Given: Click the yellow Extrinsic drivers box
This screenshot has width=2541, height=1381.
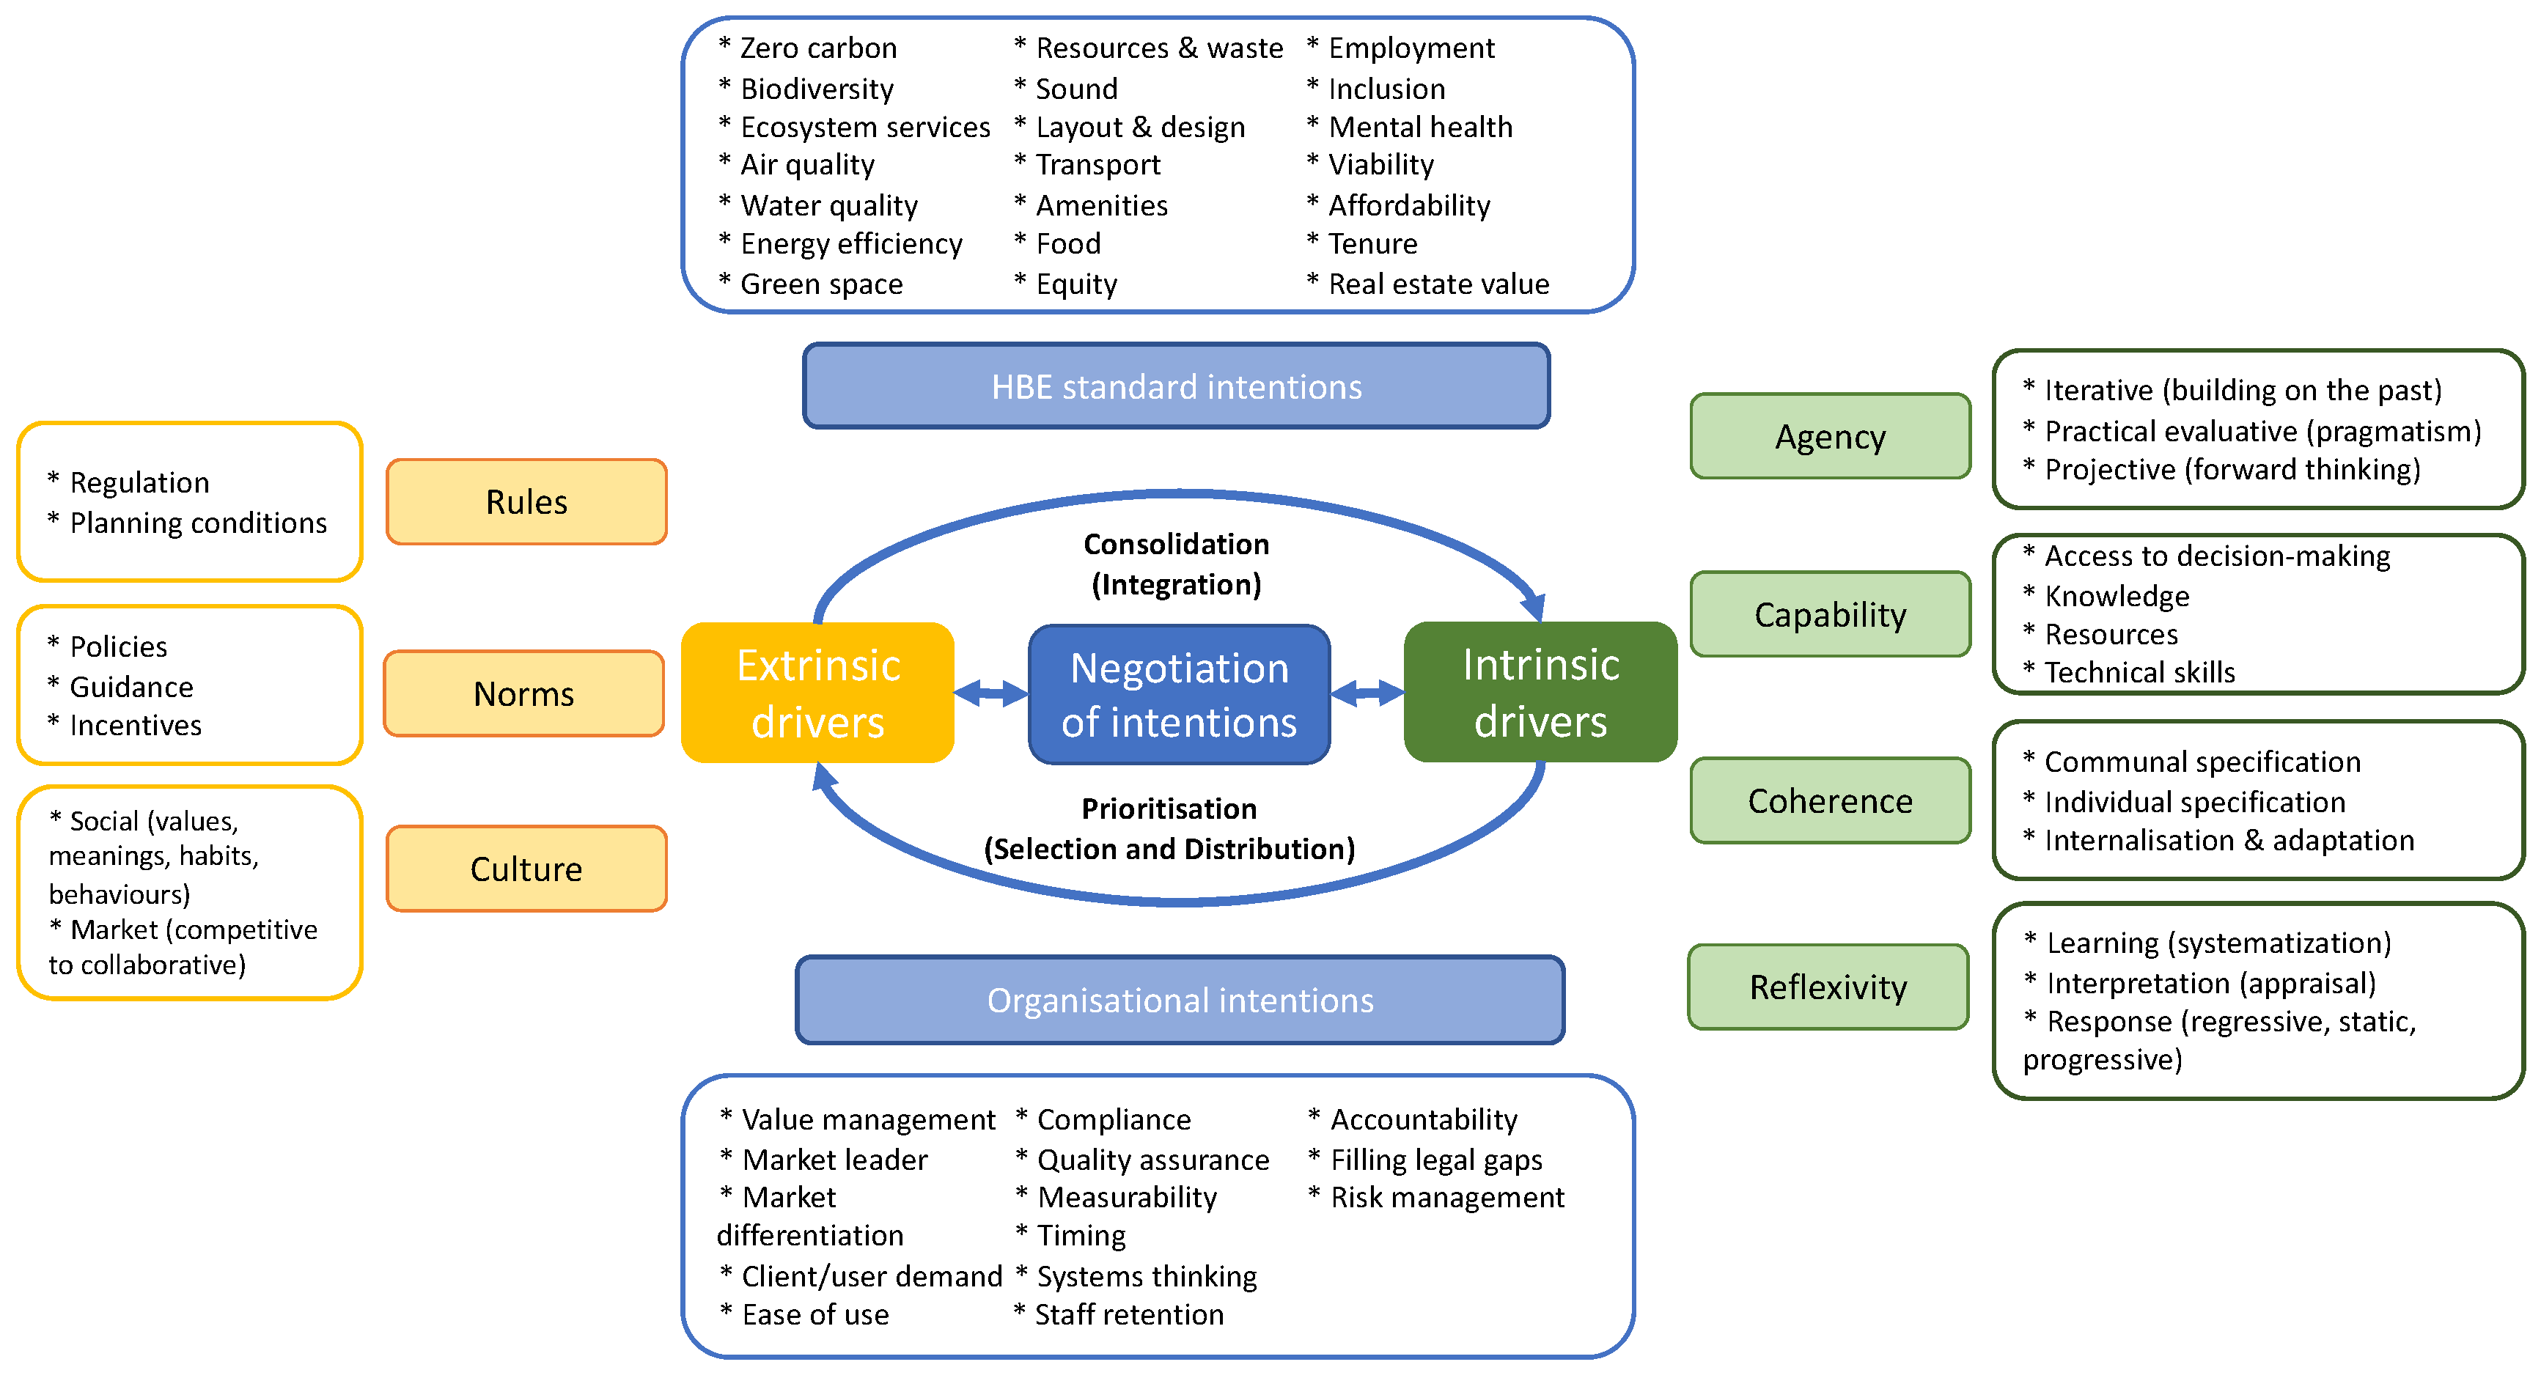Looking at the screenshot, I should [817, 693].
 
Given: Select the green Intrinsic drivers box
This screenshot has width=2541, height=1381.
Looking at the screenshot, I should [1540, 693].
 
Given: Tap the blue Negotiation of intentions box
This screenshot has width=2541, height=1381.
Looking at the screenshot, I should [1179, 694].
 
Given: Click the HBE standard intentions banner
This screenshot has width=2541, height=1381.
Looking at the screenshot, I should [1176, 387].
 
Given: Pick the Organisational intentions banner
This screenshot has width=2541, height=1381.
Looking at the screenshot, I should [1180, 1001].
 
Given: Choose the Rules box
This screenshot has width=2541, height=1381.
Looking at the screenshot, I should [526, 502].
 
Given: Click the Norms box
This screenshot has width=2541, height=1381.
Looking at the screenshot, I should [523, 693].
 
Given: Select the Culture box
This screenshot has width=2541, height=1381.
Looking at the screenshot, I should [526, 869].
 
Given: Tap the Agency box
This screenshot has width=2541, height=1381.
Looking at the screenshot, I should [1830, 437].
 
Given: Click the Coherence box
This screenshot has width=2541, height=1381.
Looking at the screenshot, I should [1830, 801].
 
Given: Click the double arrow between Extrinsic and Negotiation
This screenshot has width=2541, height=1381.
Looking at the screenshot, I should [990, 693].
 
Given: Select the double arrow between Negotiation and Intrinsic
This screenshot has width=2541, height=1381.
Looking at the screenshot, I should [1367, 693].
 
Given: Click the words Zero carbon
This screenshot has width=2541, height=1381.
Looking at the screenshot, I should [817, 48].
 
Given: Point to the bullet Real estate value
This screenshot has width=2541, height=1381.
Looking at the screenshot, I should [1438, 284].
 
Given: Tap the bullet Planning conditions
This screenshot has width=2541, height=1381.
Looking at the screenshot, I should [197, 523].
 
